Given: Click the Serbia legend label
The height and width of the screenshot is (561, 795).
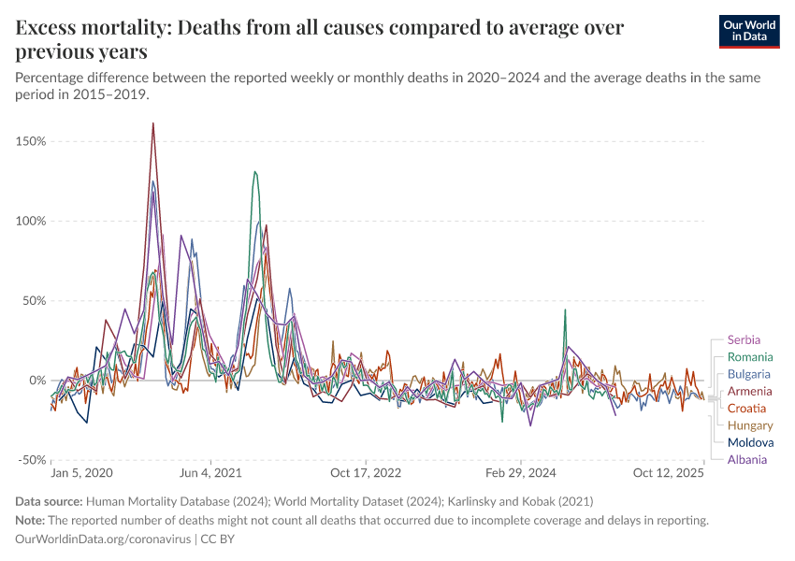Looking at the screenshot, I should [x=744, y=340].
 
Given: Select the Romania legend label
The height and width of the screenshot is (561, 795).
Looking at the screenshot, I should [x=750, y=357].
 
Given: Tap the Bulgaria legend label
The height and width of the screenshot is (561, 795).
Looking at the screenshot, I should [x=749, y=374].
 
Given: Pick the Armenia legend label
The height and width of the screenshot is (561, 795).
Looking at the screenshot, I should [x=749, y=391].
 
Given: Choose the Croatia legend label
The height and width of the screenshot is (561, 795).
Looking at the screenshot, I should [x=746, y=409].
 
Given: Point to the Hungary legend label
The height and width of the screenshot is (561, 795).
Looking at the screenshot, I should [x=749, y=425].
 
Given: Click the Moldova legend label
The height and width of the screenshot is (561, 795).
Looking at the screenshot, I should [x=750, y=442].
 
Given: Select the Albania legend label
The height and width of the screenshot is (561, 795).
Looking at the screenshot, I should [x=746, y=459].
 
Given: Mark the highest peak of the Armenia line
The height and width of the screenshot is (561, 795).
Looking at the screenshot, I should [x=152, y=123].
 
